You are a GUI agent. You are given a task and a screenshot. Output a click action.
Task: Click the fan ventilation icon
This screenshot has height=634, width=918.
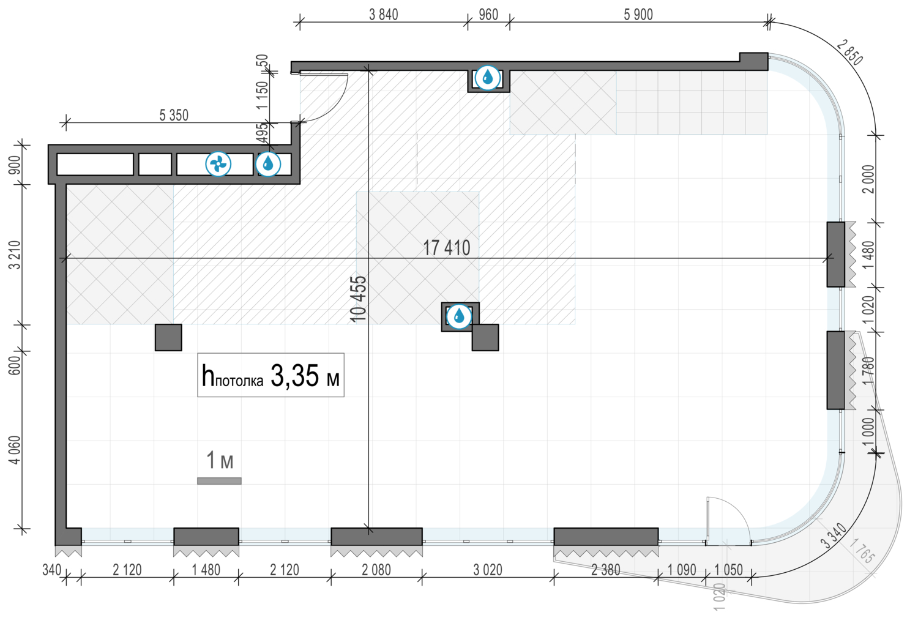(x=218, y=165)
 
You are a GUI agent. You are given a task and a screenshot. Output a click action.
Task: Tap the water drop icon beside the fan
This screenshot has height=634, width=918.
(x=268, y=165)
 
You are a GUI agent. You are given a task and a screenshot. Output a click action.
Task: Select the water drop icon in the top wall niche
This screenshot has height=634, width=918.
(x=487, y=78)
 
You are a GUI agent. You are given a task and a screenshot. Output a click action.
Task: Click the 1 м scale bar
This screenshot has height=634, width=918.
(x=219, y=481)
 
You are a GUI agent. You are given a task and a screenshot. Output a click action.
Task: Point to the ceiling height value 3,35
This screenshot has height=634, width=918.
(x=294, y=376)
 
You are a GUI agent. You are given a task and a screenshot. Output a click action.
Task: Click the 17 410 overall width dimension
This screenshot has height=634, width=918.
(x=446, y=248)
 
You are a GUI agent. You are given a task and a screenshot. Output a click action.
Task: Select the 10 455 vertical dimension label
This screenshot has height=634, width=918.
(x=359, y=299)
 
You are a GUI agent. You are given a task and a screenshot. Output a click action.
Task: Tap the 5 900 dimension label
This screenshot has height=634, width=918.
(x=638, y=15)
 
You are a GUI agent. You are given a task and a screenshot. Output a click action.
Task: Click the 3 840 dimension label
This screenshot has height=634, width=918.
(x=383, y=15)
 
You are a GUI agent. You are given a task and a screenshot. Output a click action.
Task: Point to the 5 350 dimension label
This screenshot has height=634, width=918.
(x=174, y=116)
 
